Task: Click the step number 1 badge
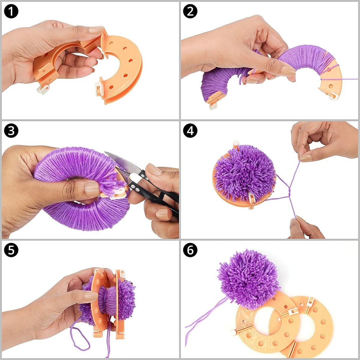[11, 11]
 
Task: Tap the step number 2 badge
[190, 11]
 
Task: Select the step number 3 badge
[11, 130]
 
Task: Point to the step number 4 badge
[190, 130]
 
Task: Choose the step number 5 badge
[11, 250]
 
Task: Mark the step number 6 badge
[190, 250]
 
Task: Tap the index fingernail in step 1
[96, 30]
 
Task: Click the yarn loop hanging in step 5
[80, 332]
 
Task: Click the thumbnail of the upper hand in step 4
[306, 158]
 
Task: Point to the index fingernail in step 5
[91, 296]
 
